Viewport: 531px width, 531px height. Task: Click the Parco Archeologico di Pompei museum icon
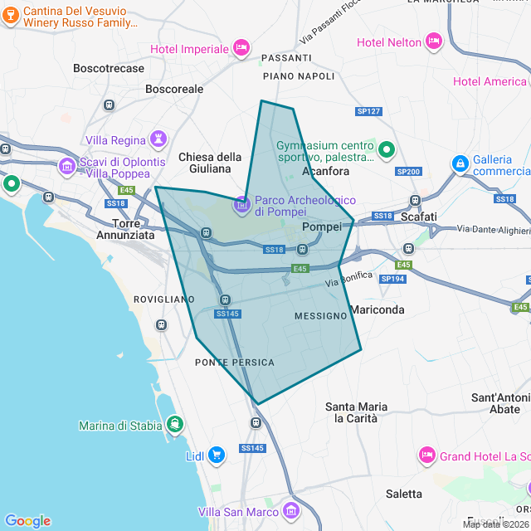point(241,203)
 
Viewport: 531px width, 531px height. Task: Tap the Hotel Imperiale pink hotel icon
point(241,47)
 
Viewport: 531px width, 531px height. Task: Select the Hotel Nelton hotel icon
point(433,41)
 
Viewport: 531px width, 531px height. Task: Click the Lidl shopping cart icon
point(217,455)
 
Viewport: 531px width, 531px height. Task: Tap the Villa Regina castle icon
point(158,139)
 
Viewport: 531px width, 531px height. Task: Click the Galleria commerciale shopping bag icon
point(460,164)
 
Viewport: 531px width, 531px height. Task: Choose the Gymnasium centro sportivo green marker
point(386,150)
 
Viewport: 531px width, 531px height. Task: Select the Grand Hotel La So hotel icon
point(426,455)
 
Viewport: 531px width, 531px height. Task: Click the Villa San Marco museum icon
point(290,509)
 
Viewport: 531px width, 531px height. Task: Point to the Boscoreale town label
point(174,88)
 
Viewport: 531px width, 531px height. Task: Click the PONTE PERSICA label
point(234,363)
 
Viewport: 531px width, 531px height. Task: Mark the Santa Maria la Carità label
point(356,412)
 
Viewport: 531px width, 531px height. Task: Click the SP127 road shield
point(368,111)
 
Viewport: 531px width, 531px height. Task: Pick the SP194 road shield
point(392,280)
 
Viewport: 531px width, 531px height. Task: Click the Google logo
point(27,521)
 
